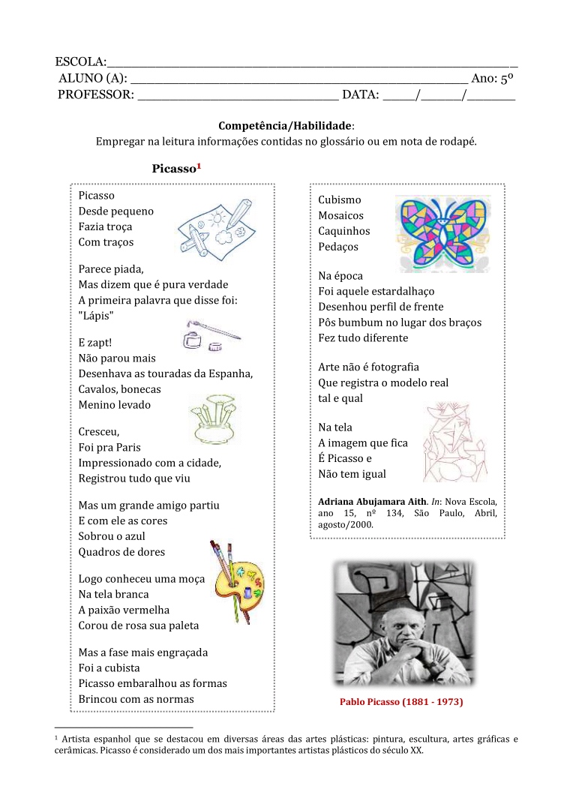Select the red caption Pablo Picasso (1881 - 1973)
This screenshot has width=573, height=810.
click(401, 703)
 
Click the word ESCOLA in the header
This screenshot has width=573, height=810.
click(80, 61)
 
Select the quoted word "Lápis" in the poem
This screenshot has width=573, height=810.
click(96, 316)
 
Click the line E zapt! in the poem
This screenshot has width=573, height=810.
click(95, 343)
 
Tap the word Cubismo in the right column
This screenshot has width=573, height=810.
click(339, 200)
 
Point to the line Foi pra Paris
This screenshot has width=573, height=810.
click(109, 448)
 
